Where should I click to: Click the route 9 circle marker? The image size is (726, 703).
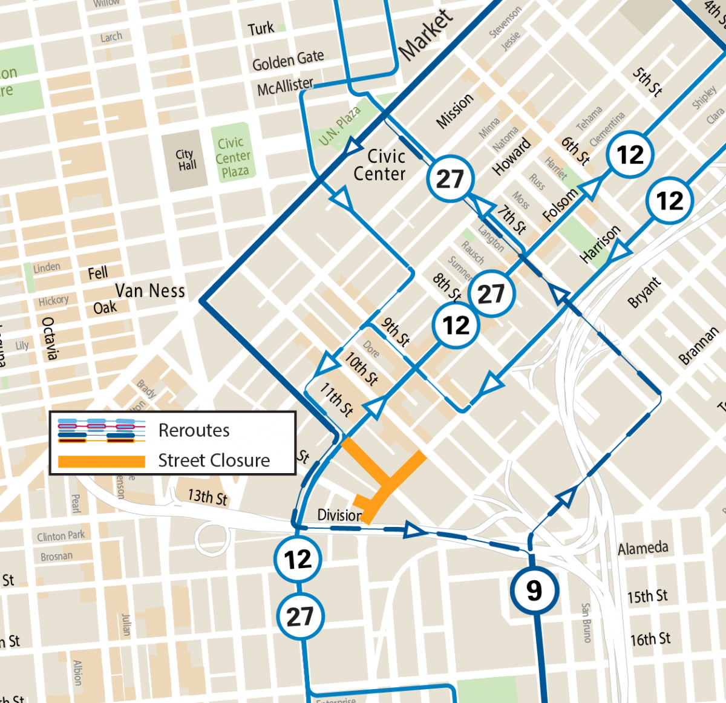pos(534,590)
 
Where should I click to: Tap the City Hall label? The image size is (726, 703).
pos(186,160)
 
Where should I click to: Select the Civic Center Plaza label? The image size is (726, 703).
pos(233,157)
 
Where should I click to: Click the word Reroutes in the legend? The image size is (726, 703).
pos(194,430)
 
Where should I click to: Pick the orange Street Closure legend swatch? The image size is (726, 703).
pos(101,461)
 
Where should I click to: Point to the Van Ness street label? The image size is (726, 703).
pos(150,291)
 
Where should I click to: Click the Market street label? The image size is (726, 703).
pos(426,35)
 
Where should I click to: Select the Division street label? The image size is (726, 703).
pos(339,515)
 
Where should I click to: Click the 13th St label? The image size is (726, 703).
pos(208,497)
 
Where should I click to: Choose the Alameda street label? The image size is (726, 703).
pos(643,549)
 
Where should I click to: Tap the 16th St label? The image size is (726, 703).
pos(650,639)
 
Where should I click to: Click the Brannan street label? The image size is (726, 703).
pos(699,345)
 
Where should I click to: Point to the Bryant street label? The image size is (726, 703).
pos(644,293)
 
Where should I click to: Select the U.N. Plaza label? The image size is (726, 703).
pos(339,126)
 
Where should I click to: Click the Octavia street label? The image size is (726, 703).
pos(50,338)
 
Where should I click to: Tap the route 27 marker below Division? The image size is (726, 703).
pos(300,616)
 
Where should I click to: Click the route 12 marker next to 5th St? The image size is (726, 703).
pos(630,155)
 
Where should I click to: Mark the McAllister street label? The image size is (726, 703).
pos(285,87)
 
